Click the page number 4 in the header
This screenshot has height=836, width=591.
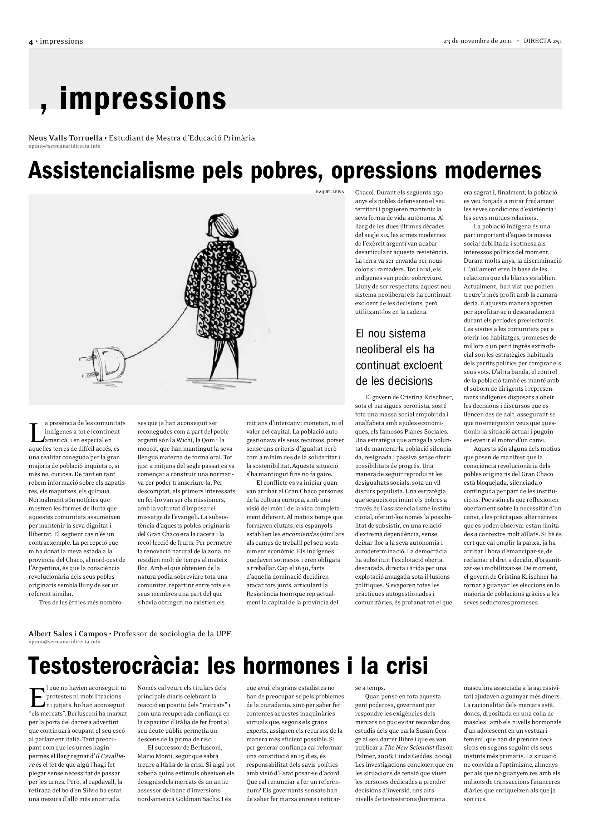pos(31,42)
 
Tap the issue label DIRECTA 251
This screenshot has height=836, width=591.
pos(543,41)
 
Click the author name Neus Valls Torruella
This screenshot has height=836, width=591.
pos(65,138)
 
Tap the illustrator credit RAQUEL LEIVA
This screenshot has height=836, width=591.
pos(330,192)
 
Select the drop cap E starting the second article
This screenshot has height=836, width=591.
pos(37,697)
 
